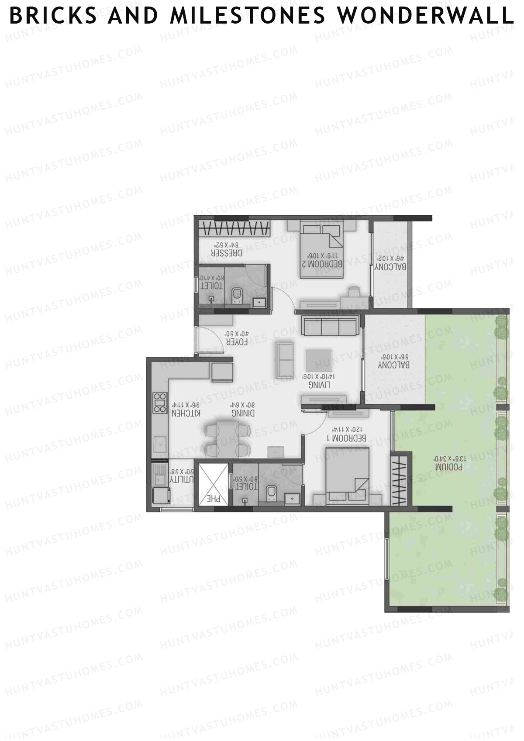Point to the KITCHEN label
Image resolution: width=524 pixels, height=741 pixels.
coord(186,413)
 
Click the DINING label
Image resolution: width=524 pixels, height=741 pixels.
coord(243,413)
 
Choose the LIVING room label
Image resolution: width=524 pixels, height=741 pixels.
coord(319,385)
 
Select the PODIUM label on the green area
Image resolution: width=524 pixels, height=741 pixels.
coord(450,467)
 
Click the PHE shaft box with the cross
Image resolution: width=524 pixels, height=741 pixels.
coord(214,485)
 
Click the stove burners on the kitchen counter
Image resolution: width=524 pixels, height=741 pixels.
coord(160,403)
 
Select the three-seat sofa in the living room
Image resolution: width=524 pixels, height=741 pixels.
coord(329,327)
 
